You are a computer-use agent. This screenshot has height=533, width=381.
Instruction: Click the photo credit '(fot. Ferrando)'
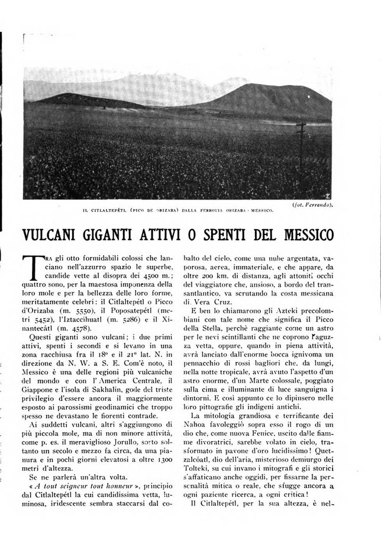pos(311,204)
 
